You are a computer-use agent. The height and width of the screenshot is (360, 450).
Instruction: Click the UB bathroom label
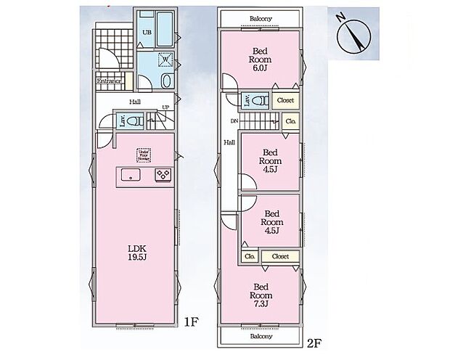pos(145,33)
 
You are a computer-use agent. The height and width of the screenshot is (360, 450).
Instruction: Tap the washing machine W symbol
pos(163,60)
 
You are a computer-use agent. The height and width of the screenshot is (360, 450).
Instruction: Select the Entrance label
pos(108,81)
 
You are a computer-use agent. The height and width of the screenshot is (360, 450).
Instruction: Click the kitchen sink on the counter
pos(131,175)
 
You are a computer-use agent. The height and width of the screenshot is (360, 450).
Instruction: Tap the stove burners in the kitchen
pos(162,175)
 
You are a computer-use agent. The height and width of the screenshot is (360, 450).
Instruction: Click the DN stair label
pos(234,120)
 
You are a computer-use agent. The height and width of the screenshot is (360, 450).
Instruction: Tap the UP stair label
pos(166,108)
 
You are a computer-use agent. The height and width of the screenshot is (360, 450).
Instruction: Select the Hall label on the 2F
pos(228,143)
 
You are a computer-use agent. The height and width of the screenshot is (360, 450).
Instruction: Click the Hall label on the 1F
pos(135,102)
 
